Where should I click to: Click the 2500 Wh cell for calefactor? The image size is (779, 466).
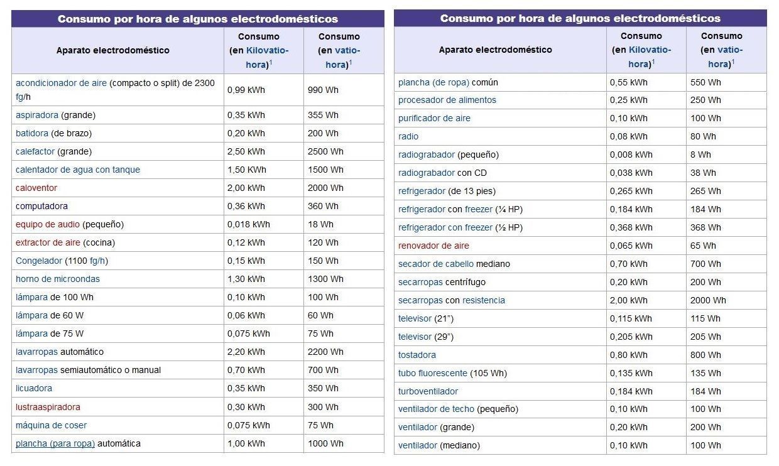pyautogui.click(x=325, y=151)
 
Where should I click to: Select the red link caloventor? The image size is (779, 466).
pyautogui.click(x=36, y=188)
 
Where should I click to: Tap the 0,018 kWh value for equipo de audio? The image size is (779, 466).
pyautogui.click(x=248, y=225)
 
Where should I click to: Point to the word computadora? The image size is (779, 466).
pyautogui.click(x=41, y=207)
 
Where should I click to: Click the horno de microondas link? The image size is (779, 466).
pyautogui.click(x=58, y=279)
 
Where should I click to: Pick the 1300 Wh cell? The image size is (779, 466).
pyautogui.click(x=325, y=279)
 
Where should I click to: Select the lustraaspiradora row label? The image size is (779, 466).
pyautogui.click(x=48, y=407)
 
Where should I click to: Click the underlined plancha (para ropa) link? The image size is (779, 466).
pyautogui.click(x=55, y=444)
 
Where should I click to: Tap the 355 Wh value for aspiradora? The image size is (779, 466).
pyautogui.click(x=323, y=115)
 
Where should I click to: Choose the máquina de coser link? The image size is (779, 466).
pyautogui.click(x=51, y=426)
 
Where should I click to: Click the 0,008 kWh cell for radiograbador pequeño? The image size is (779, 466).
pyautogui.click(x=631, y=154)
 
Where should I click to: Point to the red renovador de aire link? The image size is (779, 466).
pyautogui.click(x=433, y=246)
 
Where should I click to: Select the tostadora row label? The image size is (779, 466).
pyautogui.click(x=417, y=355)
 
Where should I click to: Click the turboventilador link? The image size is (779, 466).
pyautogui.click(x=428, y=392)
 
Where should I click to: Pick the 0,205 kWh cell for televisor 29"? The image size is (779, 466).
pyautogui.click(x=631, y=337)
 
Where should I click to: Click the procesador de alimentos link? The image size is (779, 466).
pyautogui.click(x=447, y=100)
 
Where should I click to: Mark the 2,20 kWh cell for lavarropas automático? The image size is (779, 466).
pyautogui.click(x=246, y=352)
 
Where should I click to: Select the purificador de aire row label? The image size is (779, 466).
pyautogui.click(x=434, y=119)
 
